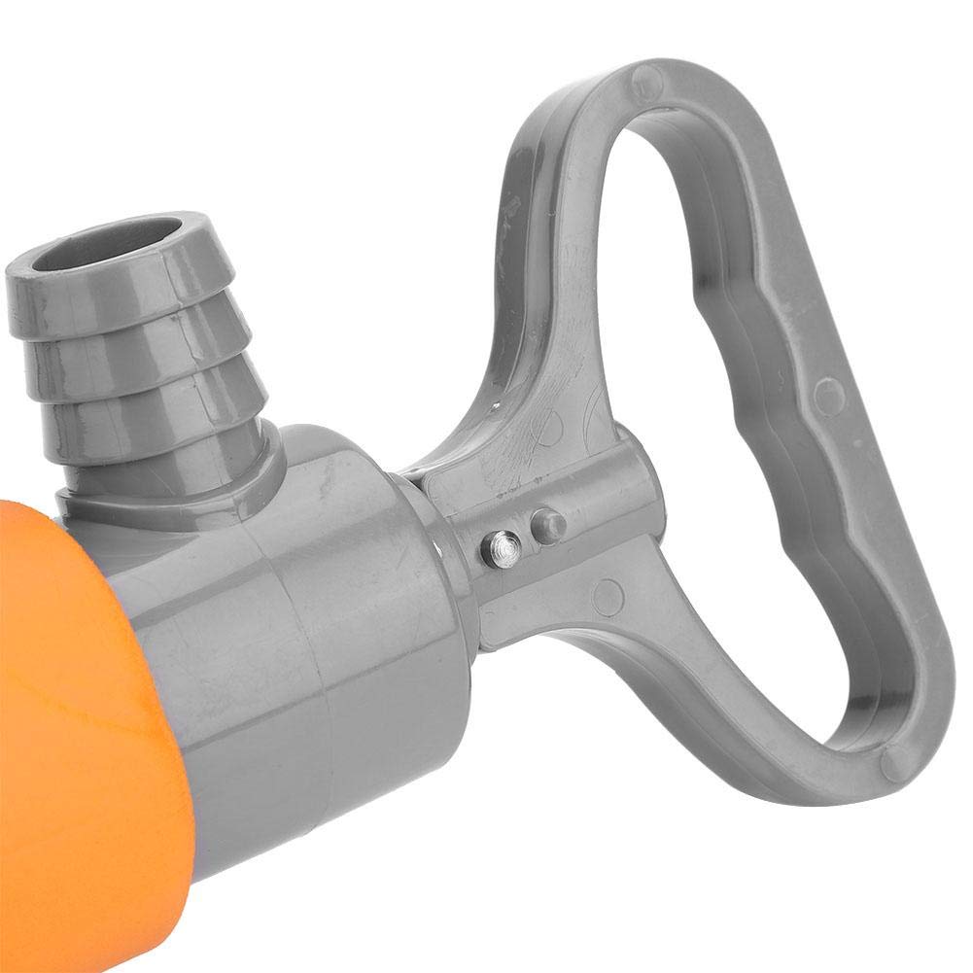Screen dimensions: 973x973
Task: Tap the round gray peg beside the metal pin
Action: click(x=550, y=526)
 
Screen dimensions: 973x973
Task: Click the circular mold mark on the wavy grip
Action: click(x=827, y=395)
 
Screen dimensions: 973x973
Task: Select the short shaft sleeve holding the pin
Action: click(x=544, y=544)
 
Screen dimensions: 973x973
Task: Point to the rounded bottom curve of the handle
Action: click(x=855, y=768)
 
